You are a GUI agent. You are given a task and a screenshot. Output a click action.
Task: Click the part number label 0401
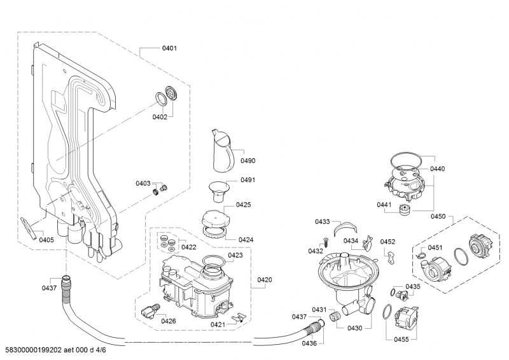pyautogui.click(x=169, y=48)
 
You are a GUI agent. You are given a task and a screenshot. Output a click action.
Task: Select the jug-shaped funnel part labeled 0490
pyautogui.click(x=223, y=150)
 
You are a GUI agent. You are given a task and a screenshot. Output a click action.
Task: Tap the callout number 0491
pyautogui.click(x=248, y=180)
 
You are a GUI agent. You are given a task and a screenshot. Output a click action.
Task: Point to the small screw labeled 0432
pyautogui.click(x=325, y=242)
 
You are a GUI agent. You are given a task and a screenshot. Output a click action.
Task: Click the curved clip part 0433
pyautogui.click(x=345, y=227)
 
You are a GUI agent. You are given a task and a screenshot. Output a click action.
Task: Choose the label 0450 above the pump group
pyautogui.click(x=438, y=216)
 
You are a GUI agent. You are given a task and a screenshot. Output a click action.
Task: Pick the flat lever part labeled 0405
pyautogui.click(x=29, y=228)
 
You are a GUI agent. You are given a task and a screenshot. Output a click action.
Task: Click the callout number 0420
pyautogui.click(x=265, y=280)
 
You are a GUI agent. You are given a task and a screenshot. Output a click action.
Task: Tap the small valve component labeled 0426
pyautogui.click(x=150, y=310)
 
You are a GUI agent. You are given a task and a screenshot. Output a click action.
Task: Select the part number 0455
pyautogui.click(x=401, y=340)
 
